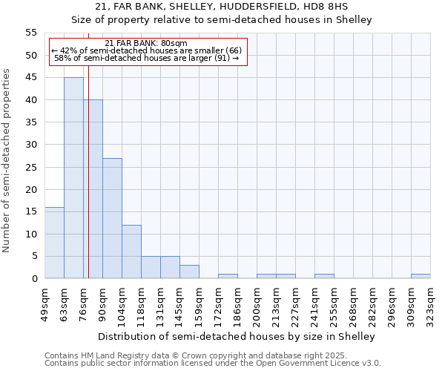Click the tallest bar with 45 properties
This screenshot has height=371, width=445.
pos(73,178)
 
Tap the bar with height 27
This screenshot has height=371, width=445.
pos(112,218)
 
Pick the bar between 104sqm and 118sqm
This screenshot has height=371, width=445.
pos(131,252)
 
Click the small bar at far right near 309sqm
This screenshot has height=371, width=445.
pos(421,276)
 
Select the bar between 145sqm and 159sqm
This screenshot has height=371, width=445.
pos(189,272)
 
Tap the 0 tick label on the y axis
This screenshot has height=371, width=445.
pos(33,279)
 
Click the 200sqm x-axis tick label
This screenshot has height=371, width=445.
pos(257,303)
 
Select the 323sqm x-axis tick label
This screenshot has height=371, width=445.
pos(431,303)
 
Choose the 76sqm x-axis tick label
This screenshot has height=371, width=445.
pos(84,303)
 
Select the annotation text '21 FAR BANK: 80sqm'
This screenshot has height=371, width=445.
pos(146,43)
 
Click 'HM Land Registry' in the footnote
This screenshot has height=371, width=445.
pos(105,355)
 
